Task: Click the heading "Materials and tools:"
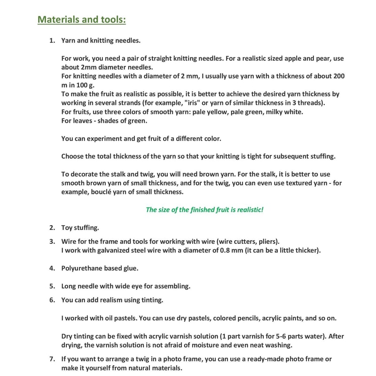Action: (81, 20)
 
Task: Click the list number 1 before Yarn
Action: (52, 41)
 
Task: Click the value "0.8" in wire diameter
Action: (228, 250)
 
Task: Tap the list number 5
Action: (52, 286)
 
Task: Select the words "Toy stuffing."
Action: (80, 227)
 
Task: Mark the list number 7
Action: (52, 359)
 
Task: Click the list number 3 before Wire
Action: (52, 241)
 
